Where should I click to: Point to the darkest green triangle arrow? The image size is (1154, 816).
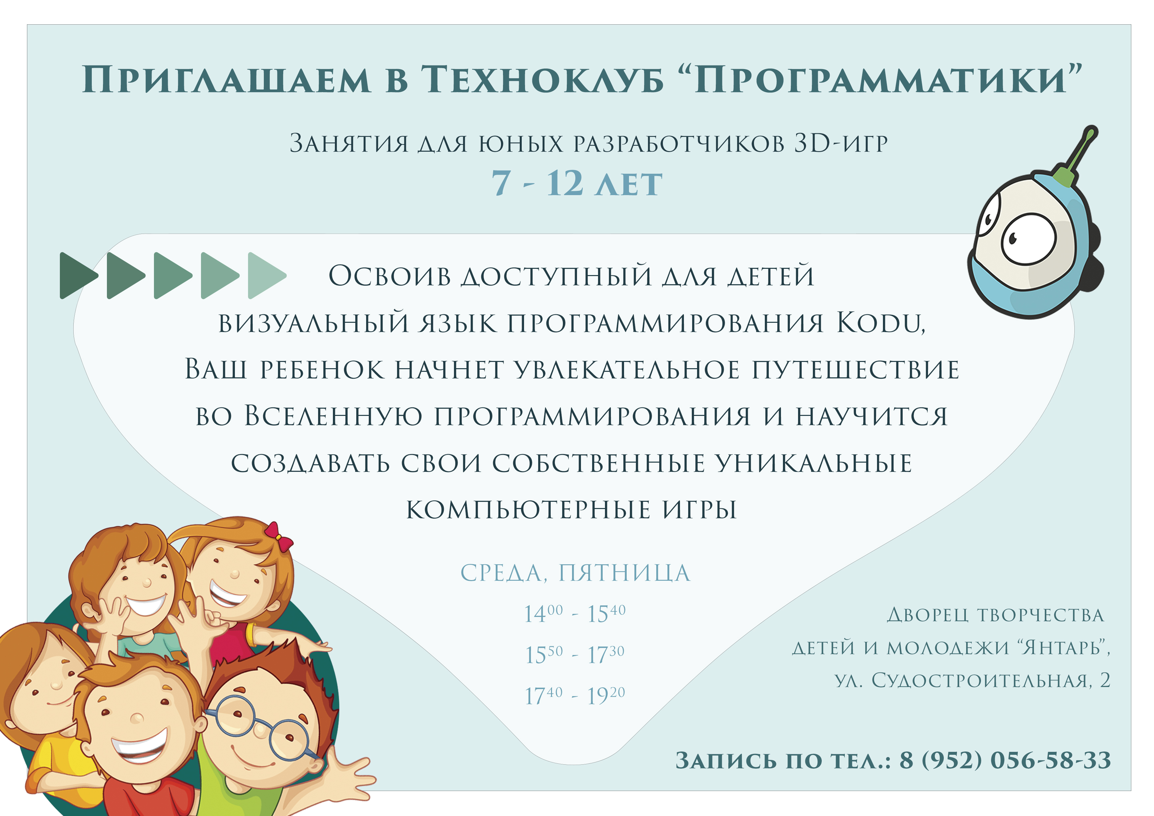click(77, 275)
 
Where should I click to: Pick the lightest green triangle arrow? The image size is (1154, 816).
click(266, 275)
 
